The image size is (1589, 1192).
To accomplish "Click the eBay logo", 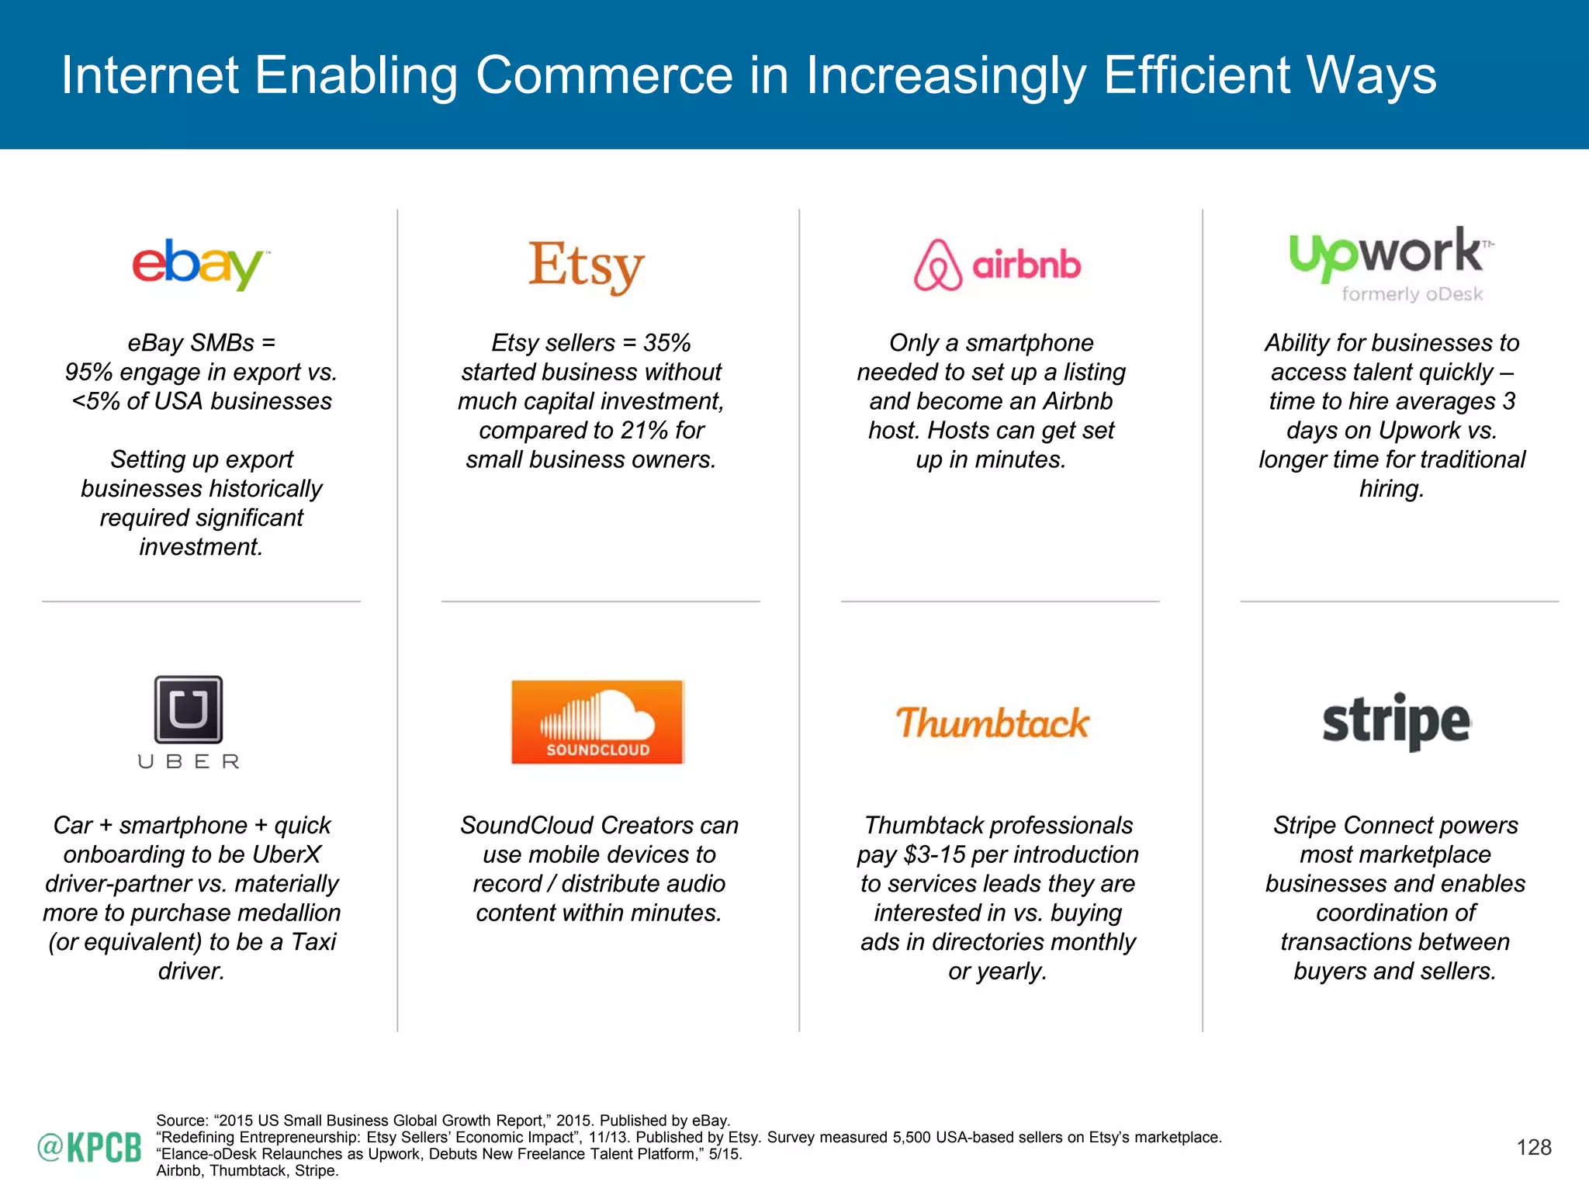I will click(199, 265).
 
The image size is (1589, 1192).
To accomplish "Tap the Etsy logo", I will click(587, 266).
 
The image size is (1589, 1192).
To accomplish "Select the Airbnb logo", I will click(998, 265).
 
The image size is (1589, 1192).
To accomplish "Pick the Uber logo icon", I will click(189, 710).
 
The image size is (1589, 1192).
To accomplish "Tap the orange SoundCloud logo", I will click(597, 722).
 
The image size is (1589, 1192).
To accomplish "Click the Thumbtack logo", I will click(992, 722).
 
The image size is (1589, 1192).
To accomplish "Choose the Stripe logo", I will click(1396, 721).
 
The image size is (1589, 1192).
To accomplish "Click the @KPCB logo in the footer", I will click(89, 1147).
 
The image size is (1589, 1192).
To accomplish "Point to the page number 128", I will click(1534, 1147).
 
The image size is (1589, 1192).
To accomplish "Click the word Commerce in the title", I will click(604, 75).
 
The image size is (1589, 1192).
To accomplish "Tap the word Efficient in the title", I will click(1197, 75).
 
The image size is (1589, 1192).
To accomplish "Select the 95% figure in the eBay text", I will click(88, 372).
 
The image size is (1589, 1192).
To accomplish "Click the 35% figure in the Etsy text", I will click(666, 343).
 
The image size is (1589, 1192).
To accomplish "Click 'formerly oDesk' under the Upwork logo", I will click(1412, 294).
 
